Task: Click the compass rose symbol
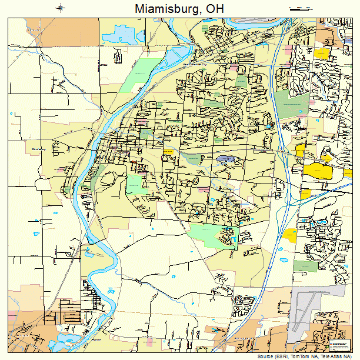(x=61, y=8)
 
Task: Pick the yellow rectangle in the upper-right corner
(x=321, y=54)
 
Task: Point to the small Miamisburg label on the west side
(x=38, y=149)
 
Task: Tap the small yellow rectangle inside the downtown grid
(x=168, y=151)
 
